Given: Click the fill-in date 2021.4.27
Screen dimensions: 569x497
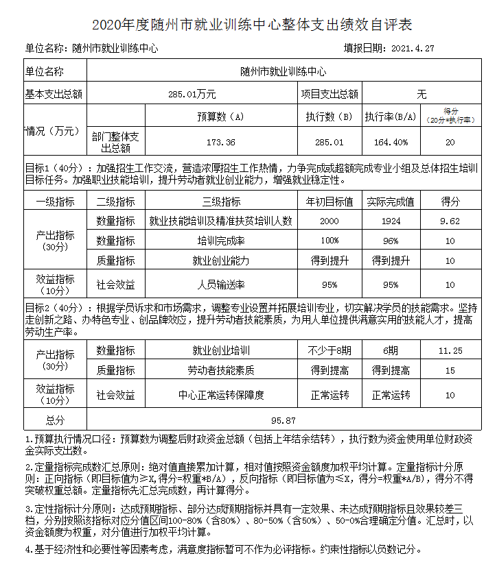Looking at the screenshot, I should click(413, 49).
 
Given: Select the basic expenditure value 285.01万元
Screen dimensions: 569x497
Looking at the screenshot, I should click(192, 94).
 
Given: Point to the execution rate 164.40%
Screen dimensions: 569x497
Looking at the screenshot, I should click(391, 143).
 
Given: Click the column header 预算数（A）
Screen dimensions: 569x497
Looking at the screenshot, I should click(220, 117).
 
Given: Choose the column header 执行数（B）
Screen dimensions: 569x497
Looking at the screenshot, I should click(329, 117).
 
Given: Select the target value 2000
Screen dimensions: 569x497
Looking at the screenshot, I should click(329, 221).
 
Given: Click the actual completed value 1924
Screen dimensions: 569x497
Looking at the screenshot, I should click(391, 221).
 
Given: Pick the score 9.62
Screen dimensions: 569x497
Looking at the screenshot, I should click(450, 221).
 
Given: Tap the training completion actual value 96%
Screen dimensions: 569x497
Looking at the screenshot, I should click(391, 241).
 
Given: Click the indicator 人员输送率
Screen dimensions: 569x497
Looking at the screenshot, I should click(221, 284).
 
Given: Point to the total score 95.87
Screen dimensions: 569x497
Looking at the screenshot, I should click(284, 420).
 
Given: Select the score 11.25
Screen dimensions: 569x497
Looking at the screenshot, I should click(450, 350).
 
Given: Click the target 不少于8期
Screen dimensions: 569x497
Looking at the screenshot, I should click(330, 350).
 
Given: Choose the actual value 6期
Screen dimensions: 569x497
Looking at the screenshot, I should click(391, 350).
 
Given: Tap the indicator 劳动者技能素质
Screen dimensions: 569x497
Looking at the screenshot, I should click(221, 370).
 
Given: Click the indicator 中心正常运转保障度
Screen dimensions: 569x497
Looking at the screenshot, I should click(221, 395).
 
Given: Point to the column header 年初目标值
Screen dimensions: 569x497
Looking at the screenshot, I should click(330, 202).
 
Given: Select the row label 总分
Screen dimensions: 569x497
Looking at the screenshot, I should click(55, 420).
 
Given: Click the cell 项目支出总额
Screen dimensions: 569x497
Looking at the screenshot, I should click(330, 94).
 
